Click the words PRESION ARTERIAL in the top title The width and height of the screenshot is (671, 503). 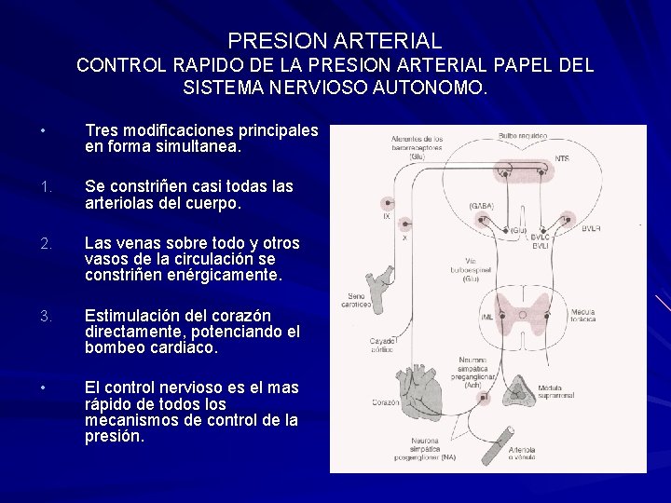pos(335,41)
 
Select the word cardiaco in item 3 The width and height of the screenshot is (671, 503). pos(185,347)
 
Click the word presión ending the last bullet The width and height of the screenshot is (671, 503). pos(115,435)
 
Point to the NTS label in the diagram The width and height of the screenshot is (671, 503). pos(561,159)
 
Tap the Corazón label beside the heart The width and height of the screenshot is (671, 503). pos(383,403)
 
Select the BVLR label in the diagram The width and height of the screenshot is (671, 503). pos(591,227)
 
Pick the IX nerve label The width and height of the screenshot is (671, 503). pos(386,217)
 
